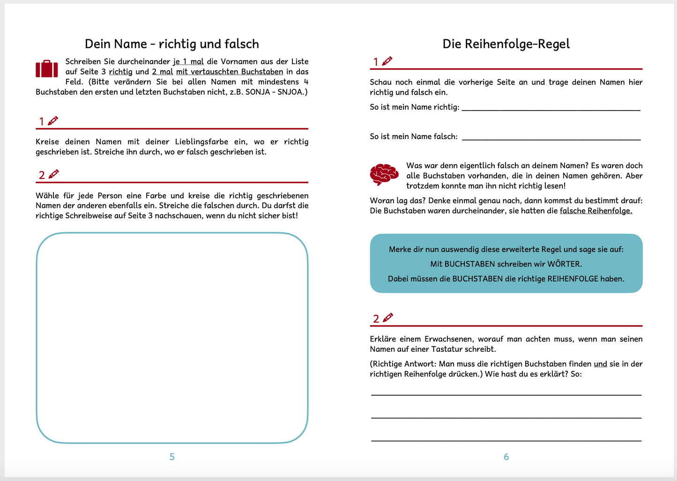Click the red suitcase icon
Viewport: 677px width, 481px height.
pyautogui.click(x=47, y=68)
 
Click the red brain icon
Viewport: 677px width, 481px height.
pyautogui.click(x=384, y=174)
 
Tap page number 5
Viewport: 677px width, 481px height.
pyautogui.click(x=172, y=457)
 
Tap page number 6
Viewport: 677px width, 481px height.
pyautogui.click(x=506, y=457)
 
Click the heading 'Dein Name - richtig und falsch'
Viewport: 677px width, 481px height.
pyautogui.click(x=172, y=44)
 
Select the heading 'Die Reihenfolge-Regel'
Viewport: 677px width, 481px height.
pyautogui.click(x=506, y=44)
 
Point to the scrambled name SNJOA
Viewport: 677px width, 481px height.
pyautogui.click(x=291, y=92)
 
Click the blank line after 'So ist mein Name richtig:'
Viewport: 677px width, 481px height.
pyautogui.click(x=551, y=108)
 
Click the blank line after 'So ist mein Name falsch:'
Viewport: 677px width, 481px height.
pyautogui.click(x=551, y=138)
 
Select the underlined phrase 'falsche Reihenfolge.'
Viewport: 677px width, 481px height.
pyautogui.click(x=596, y=211)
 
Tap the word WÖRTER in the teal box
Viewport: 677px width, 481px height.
pyautogui.click(x=565, y=264)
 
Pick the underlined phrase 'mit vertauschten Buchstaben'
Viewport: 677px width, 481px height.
pyautogui.click(x=230, y=72)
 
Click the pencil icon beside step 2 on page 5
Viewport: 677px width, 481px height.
pyautogui.click(x=54, y=174)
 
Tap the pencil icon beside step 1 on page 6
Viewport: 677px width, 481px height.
pyautogui.click(x=387, y=61)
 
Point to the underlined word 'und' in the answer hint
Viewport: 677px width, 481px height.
pyautogui.click(x=600, y=364)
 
